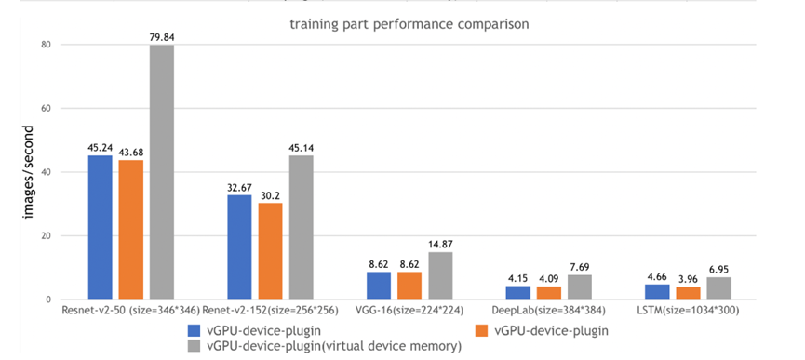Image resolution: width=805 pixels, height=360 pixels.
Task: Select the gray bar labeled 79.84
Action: [162, 172]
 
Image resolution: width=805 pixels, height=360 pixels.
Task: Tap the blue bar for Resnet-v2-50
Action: [101, 227]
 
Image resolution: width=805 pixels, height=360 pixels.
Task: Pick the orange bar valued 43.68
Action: [131, 230]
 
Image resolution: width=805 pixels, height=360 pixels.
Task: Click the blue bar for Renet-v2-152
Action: [239, 247]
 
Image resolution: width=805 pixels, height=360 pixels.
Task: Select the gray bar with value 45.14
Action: [301, 227]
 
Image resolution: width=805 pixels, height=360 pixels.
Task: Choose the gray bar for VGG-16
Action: [440, 275]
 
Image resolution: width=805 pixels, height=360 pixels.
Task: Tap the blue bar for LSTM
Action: [657, 291]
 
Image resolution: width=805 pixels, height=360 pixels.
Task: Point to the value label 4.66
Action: [657, 275]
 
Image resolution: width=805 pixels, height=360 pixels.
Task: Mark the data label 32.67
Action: [239, 187]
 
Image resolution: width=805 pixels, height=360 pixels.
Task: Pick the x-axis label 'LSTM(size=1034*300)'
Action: [687, 310]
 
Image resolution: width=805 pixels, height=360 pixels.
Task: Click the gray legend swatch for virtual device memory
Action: [194, 347]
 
